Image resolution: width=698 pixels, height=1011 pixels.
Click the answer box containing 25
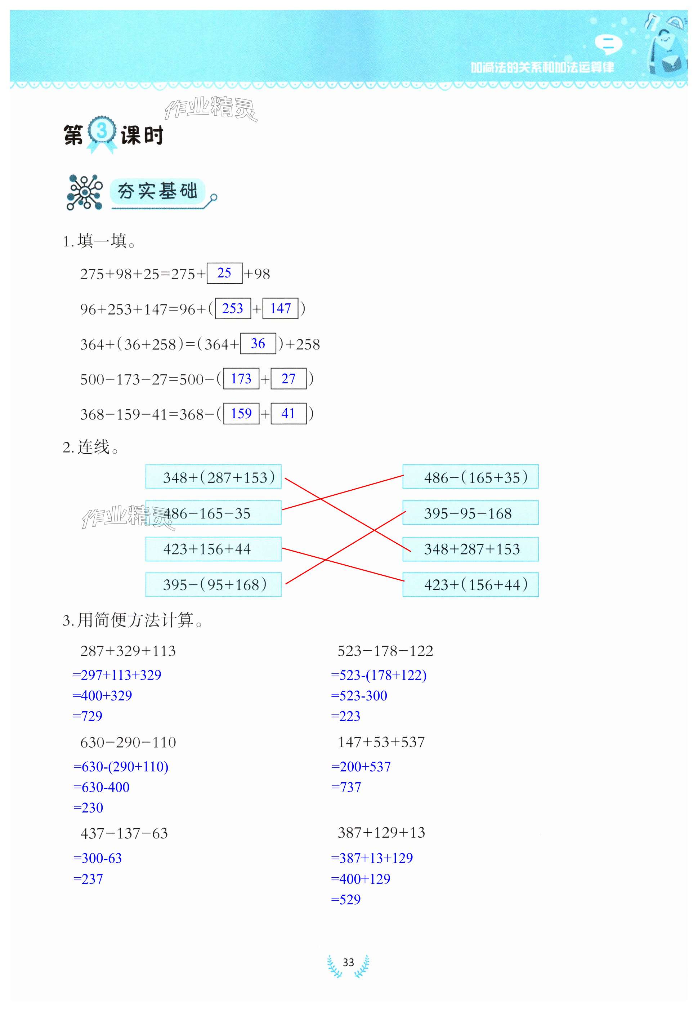[x=224, y=273]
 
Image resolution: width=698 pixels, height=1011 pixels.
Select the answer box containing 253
[x=233, y=308]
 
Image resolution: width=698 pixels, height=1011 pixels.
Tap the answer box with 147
[x=280, y=308]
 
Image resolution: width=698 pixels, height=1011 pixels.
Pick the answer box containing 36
[x=258, y=343]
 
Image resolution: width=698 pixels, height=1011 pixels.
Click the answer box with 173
[x=241, y=378]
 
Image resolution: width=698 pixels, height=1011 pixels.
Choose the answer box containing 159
[x=241, y=413]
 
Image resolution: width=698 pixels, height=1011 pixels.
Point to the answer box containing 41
[x=288, y=413]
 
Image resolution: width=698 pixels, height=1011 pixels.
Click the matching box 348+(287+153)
[x=214, y=477]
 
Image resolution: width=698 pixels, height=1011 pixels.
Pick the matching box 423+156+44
[x=214, y=549]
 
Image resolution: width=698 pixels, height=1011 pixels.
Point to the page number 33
[x=348, y=962]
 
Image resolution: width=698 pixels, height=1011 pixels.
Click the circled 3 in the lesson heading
[x=102, y=130]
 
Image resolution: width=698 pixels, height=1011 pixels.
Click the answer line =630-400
[x=102, y=787]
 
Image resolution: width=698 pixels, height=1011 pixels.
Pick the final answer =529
[x=345, y=899]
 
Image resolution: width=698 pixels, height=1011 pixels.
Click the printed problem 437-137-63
[x=124, y=833]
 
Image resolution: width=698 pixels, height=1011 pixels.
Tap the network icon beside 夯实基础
[x=84, y=192]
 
